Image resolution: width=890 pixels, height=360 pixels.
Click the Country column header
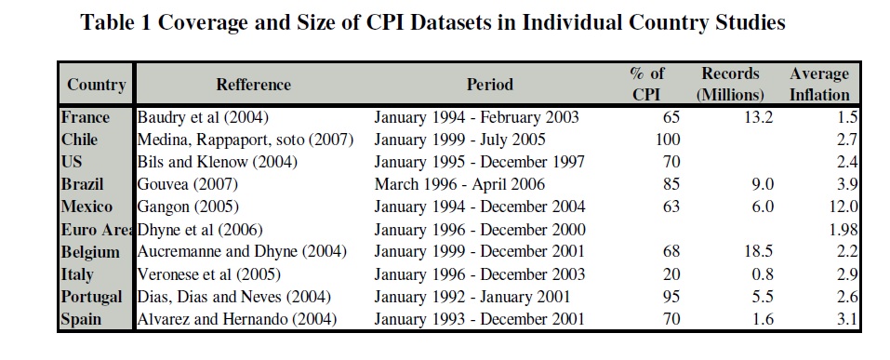click(96, 85)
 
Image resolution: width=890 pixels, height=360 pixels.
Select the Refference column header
click(253, 85)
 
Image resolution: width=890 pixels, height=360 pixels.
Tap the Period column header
click(490, 85)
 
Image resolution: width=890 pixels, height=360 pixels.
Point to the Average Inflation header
click(819, 84)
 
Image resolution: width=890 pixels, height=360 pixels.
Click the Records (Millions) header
click(730, 84)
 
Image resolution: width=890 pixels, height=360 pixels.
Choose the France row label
click(86, 117)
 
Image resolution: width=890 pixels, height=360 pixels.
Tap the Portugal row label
click(91, 297)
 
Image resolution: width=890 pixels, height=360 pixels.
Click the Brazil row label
click(82, 184)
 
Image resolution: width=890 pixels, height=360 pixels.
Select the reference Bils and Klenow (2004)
click(218, 162)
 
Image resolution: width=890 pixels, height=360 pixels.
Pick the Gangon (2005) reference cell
click(188, 207)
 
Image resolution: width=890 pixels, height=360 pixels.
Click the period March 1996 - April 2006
click(459, 184)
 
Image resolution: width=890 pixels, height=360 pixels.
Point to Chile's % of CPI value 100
click(668, 140)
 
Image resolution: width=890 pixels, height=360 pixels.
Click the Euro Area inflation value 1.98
click(843, 230)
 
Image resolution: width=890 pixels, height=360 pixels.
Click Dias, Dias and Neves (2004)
click(233, 297)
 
